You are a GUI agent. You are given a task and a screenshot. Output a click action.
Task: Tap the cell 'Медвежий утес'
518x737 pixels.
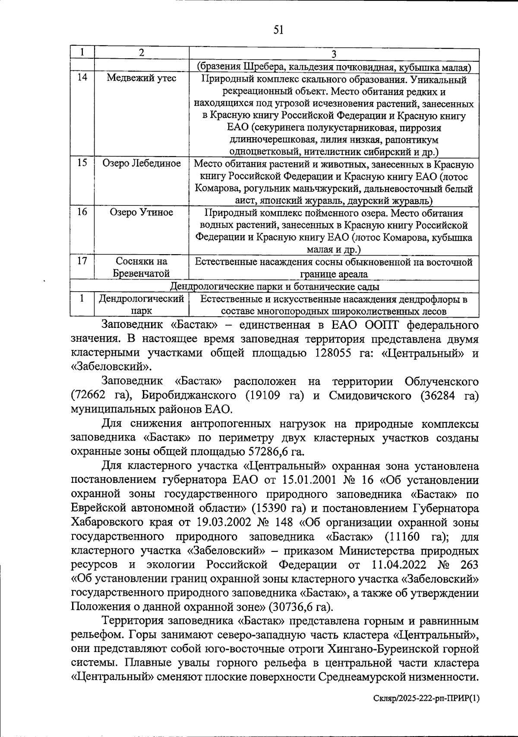pos(142,79)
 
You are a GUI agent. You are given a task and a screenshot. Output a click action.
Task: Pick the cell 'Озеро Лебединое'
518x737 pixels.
pos(142,164)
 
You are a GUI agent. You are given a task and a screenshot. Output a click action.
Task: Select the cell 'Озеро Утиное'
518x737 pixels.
pos(142,212)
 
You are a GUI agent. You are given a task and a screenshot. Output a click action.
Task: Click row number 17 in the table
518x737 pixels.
pos(82,261)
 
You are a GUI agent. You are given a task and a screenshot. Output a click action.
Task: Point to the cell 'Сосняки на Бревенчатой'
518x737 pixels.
pos(142,267)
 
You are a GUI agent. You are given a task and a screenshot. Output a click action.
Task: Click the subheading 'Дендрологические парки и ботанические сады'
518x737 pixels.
pos(275,287)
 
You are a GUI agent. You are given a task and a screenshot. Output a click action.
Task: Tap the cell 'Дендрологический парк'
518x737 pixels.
pos(142,305)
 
